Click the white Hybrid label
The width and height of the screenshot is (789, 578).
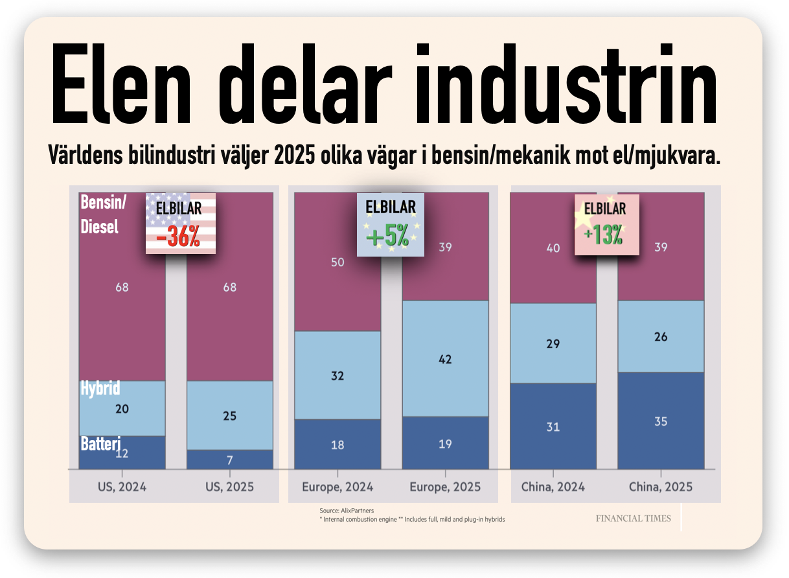click(x=100, y=388)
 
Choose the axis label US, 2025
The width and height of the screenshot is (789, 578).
click(x=230, y=487)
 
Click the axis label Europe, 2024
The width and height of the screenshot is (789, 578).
click(x=337, y=487)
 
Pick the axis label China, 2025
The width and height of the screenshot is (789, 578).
click(x=661, y=487)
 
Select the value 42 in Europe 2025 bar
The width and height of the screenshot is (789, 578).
click(x=445, y=360)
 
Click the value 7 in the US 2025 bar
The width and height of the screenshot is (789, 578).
click(x=230, y=460)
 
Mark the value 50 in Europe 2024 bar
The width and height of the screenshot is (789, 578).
click(x=337, y=262)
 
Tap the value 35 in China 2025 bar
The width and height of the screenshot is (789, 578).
click(x=661, y=421)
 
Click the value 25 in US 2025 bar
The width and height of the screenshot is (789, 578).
click(x=230, y=416)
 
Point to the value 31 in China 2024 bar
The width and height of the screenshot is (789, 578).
click(x=553, y=427)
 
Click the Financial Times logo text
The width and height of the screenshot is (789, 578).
click(x=634, y=518)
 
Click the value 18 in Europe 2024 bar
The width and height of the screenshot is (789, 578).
click(x=337, y=445)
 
